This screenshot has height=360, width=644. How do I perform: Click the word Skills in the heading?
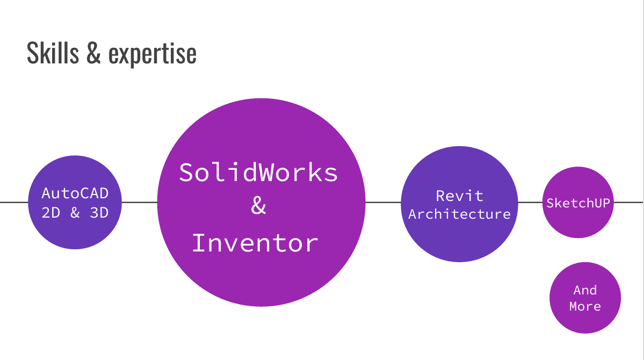pos(53,53)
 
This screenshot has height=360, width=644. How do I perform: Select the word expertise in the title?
pos(153,54)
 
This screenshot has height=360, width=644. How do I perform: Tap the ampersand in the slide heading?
pos(93,54)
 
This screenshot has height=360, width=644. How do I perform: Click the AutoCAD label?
pos(75,193)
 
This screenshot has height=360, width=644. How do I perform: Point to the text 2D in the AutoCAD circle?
pos(51,213)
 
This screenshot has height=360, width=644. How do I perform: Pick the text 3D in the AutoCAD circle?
pos(99,213)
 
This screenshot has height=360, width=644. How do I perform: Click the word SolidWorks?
pos(258,172)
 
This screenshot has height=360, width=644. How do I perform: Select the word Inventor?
pos(255,243)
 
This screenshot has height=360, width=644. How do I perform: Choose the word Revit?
pos(459,196)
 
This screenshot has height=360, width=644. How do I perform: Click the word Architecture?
pos(459,214)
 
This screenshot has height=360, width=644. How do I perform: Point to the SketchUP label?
pos(578,203)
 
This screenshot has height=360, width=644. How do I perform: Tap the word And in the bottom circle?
pos(585,290)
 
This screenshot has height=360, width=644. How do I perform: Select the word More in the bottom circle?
pos(585,306)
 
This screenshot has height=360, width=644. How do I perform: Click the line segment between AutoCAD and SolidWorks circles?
pos(140,203)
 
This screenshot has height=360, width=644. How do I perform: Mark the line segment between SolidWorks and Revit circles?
pos(383,203)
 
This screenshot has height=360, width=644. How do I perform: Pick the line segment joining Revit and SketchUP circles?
pos(530,203)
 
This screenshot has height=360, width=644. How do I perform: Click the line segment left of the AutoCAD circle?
pos(13,203)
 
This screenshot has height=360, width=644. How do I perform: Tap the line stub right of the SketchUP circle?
pos(628,203)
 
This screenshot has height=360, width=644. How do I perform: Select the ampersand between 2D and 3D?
pos(75,213)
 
